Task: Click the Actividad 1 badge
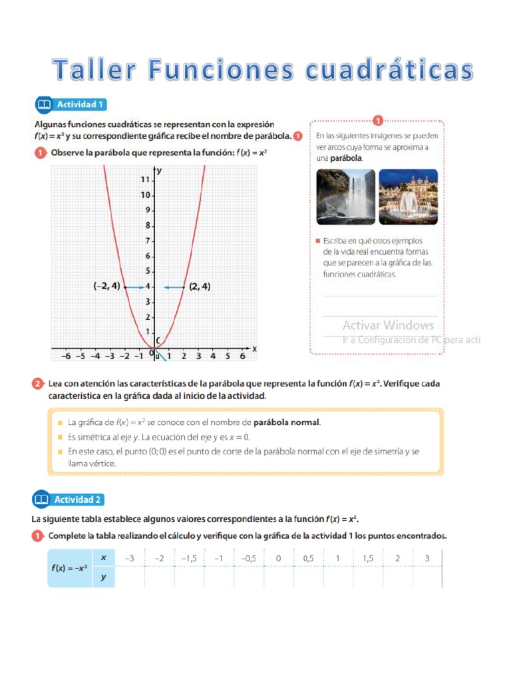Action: [70, 104]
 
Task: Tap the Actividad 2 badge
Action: [70, 499]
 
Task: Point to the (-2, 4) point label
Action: [106, 287]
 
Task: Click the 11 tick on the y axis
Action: [144, 180]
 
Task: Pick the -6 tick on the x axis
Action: [65, 356]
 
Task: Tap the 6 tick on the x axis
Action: [242, 356]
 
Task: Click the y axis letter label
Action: [159, 171]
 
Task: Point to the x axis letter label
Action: [254, 348]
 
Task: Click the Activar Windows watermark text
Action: [388, 325]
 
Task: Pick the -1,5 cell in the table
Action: [189, 559]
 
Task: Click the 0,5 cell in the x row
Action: [308, 559]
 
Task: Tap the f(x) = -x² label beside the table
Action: [70, 568]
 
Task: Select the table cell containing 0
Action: [278, 559]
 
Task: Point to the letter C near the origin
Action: [158, 341]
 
